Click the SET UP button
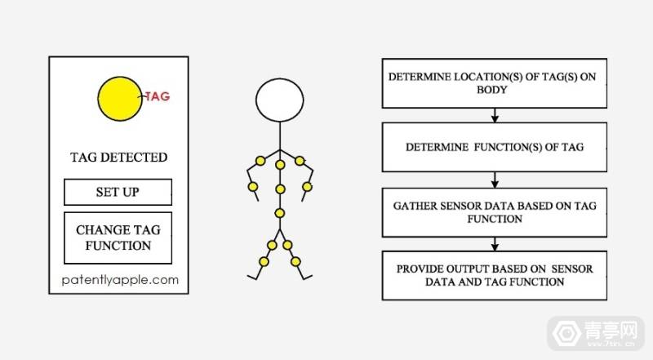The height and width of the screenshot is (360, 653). click(118, 193)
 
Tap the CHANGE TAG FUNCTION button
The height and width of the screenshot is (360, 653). click(118, 238)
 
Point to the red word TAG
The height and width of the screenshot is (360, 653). click(158, 96)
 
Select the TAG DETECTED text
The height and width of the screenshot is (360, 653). click(118, 157)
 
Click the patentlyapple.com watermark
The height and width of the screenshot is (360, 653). click(119, 280)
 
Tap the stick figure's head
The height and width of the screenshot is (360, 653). click(279, 100)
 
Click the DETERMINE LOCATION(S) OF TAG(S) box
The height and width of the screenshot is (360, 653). click(495, 84)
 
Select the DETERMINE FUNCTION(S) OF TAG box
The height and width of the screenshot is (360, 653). click(495, 147)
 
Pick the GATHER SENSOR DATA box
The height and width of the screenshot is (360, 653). click(495, 212)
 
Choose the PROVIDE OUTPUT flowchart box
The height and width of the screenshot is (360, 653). click(495, 276)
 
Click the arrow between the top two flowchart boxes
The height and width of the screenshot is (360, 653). click(495, 116)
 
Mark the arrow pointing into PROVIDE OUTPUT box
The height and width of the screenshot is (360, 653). click(495, 244)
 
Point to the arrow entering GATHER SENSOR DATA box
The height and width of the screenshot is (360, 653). click(495, 180)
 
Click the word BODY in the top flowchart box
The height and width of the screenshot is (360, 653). click(495, 91)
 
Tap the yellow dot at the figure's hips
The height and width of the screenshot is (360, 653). click(279, 214)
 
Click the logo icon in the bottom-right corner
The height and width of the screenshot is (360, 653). click(563, 334)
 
